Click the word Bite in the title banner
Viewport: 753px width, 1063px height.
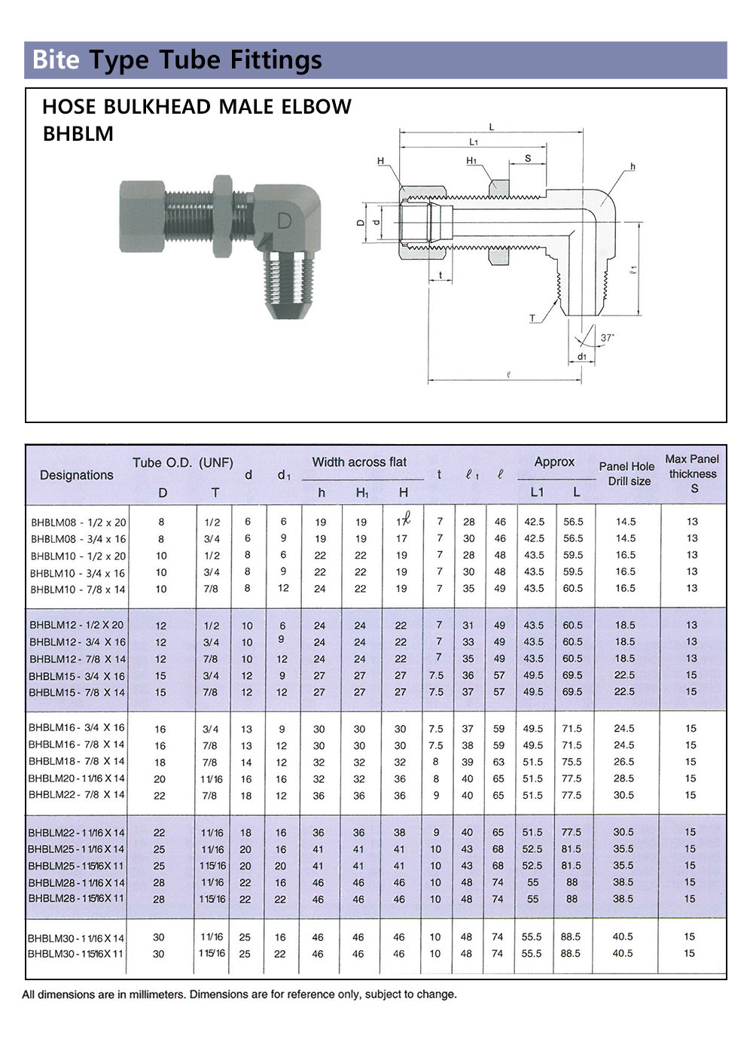pos(56,59)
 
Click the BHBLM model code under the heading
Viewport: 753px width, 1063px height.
pos(78,134)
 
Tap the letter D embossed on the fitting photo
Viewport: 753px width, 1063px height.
pos(284,221)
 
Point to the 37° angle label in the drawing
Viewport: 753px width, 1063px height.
pos(607,337)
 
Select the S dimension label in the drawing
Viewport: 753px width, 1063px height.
pos(528,158)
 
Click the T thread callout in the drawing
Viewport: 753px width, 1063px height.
pos(532,318)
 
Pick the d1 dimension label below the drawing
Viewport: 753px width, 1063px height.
pos(582,356)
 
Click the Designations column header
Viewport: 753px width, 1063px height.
pos(77,475)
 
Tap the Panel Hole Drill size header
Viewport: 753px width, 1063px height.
pos(626,474)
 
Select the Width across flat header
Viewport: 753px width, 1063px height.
pos(359,461)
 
